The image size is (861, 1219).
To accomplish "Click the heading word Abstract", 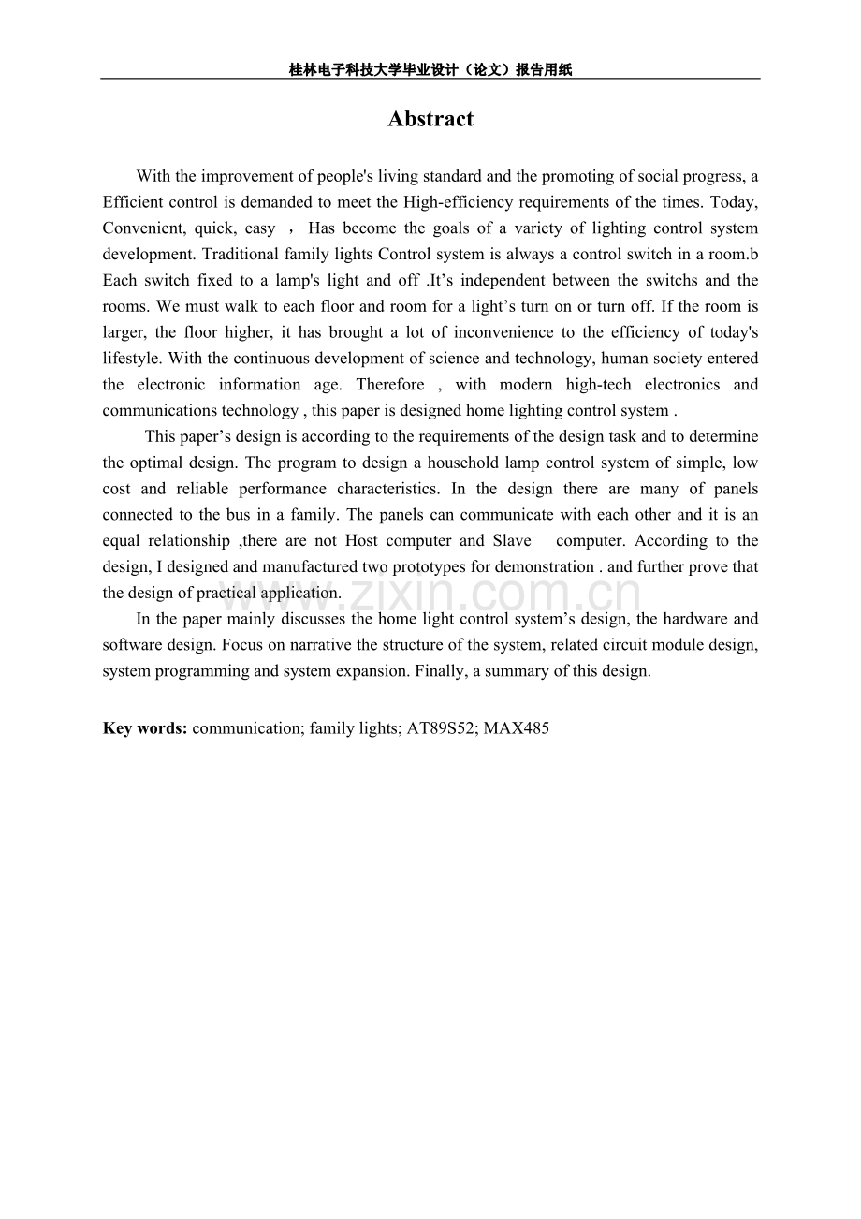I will click(430, 119).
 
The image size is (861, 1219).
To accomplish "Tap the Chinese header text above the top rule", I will click(430, 69).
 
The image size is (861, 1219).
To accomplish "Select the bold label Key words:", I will click(145, 727).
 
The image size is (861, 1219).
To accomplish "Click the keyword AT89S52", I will click(440, 727).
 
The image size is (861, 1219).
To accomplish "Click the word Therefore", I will click(390, 384).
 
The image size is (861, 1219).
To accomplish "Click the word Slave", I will click(511, 540).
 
